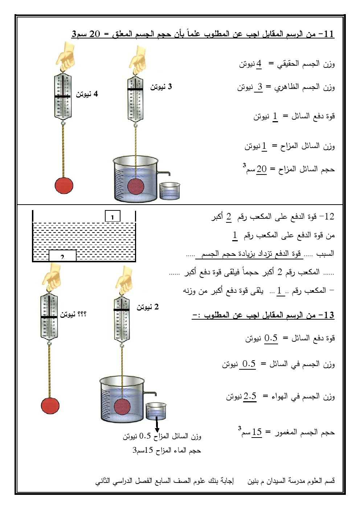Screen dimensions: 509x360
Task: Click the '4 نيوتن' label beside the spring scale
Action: [87, 94]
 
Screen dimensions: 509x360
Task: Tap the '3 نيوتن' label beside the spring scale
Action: [161, 87]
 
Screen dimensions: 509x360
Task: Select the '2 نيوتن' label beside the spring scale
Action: [148, 307]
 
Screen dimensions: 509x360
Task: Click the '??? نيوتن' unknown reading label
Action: [73, 315]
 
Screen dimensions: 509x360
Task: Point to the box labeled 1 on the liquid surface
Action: [112, 217]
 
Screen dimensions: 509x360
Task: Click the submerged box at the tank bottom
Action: [62, 256]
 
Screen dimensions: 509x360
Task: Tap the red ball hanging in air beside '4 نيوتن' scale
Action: [64, 185]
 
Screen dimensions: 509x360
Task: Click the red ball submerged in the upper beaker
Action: [136, 186]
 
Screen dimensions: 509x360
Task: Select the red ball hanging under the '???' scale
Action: [50, 405]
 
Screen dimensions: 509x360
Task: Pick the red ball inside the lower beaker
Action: [123, 407]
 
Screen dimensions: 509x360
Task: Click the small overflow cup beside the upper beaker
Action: [169, 191]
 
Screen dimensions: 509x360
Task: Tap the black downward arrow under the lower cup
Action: [157, 425]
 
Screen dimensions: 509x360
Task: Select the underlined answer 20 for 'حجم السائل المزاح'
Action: [261, 169]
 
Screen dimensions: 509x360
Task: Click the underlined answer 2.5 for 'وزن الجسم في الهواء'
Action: [250, 397]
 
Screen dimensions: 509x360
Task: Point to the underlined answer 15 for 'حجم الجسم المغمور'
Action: [257, 432]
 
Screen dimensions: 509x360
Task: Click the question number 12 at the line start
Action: [329, 217]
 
